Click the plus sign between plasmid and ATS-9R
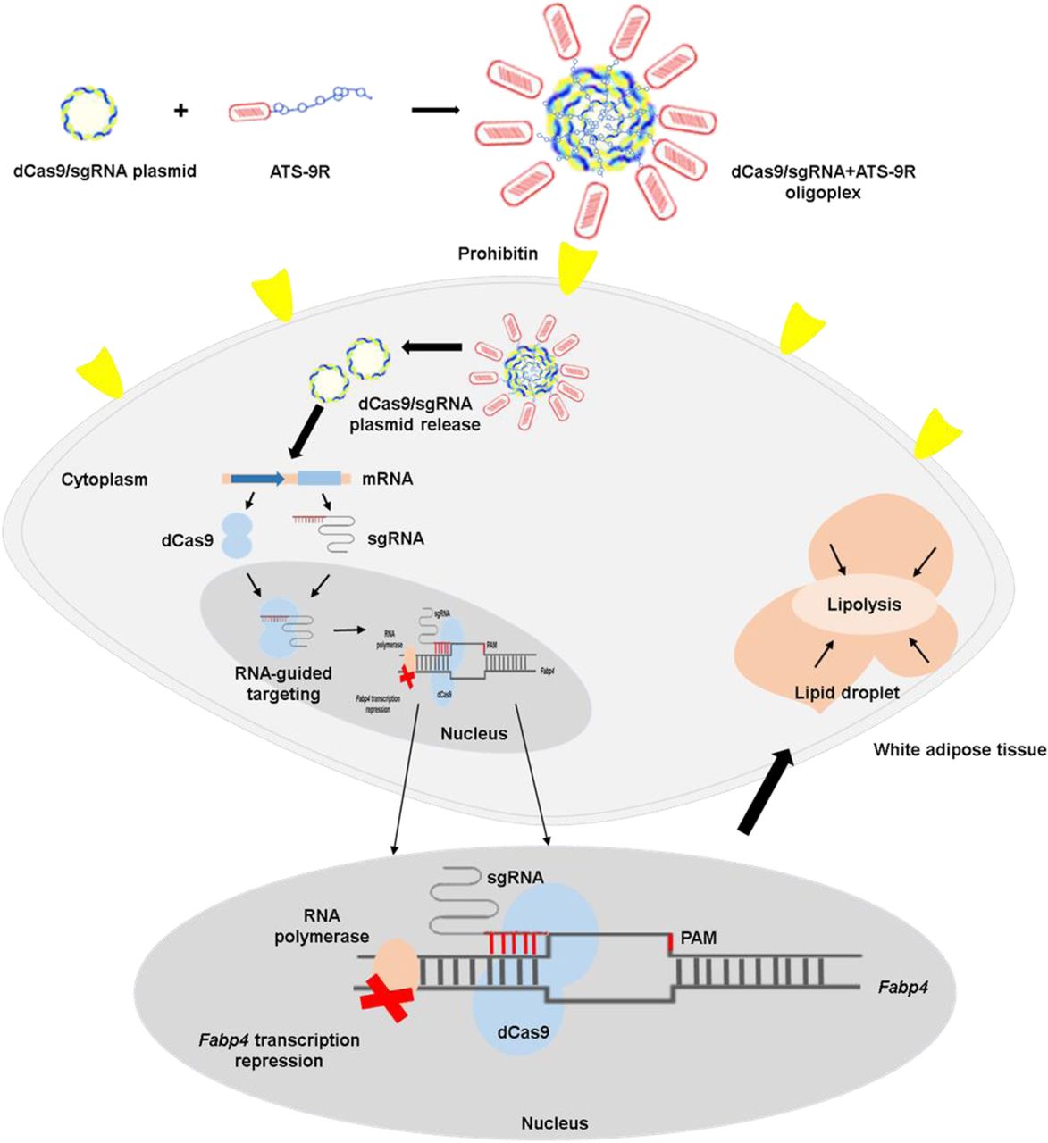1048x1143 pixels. pyautogui.click(x=181, y=112)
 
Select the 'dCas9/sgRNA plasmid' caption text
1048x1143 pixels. pyautogui.click(x=105, y=170)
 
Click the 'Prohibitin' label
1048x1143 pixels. pyautogui.click(x=498, y=254)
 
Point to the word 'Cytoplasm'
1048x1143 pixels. pyautogui.click(x=104, y=480)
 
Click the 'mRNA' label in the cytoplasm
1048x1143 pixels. pyautogui.click(x=387, y=479)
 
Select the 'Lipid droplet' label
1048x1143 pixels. pyautogui.click(x=845, y=692)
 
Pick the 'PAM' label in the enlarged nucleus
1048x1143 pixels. pyautogui.click(x=699, y=938)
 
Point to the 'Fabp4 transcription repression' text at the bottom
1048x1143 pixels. pyautogui.click(x=278, y=1050)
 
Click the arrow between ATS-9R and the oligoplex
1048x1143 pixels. pyautogui.click(x=435, y=111)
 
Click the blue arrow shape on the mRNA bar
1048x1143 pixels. pyautogui.click(x=257, y=479)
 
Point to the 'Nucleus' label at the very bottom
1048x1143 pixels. pyautogui.click(x=554, y=1122)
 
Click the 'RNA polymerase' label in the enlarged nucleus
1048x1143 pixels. pyautogui.click(x=323, y=926)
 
